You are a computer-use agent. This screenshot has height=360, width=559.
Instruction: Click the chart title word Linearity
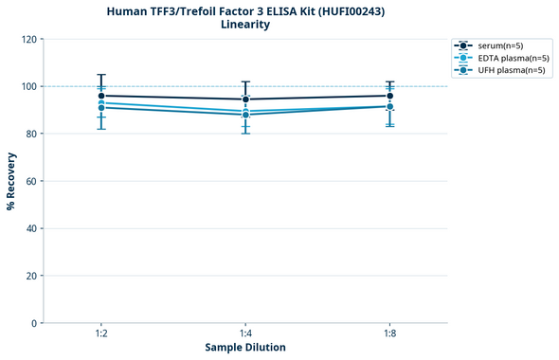[244, 25]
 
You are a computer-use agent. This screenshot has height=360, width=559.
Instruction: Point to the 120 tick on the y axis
[28, 39]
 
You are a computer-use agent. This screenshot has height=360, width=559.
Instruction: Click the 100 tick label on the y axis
[28, 86]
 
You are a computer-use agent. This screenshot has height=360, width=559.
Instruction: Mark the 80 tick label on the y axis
[31, 134]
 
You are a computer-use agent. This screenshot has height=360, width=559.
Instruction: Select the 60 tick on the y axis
[31, 181]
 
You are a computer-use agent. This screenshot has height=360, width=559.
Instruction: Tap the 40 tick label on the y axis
[31, 228]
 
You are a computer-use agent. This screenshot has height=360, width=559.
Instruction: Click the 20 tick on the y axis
[31, 276]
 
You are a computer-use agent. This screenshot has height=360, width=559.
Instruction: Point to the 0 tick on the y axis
[34, 323]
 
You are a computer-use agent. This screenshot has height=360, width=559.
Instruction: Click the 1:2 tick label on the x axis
[101, 334]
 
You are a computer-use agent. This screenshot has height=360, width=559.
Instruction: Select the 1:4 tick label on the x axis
[245, 334]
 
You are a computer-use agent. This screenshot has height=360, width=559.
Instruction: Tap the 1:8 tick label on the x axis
[389, 334]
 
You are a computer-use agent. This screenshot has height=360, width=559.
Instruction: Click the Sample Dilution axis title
[245, 348]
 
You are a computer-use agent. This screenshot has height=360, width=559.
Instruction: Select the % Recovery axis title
[11, 181]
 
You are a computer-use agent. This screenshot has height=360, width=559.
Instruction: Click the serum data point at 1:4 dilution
[245, 99]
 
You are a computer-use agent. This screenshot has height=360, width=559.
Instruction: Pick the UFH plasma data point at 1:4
[245, 115]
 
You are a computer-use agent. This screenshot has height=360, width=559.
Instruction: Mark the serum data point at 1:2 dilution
[101, 96]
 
